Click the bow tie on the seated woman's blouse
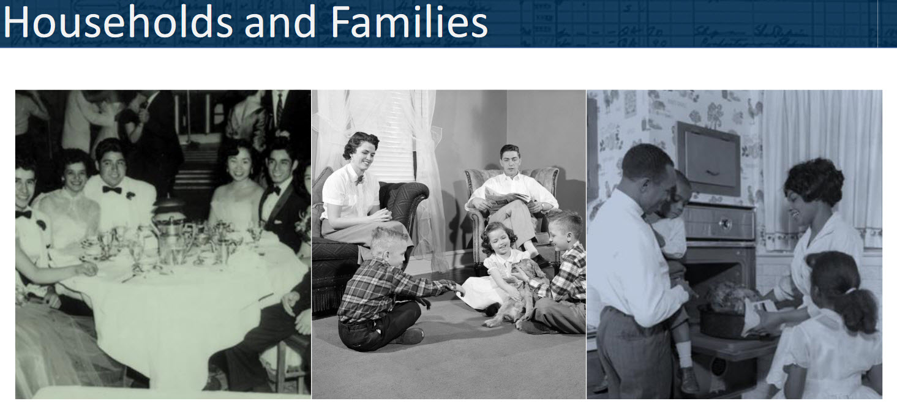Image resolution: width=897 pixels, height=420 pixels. [x=359, y=180]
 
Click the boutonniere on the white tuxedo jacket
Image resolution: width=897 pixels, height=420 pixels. [x=130, y=196]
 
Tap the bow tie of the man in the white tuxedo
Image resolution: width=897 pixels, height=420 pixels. [x=111, y=189]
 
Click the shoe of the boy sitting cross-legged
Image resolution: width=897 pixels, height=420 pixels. [x=413, y=336]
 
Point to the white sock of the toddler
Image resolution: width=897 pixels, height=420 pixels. [x=685, y=354]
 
